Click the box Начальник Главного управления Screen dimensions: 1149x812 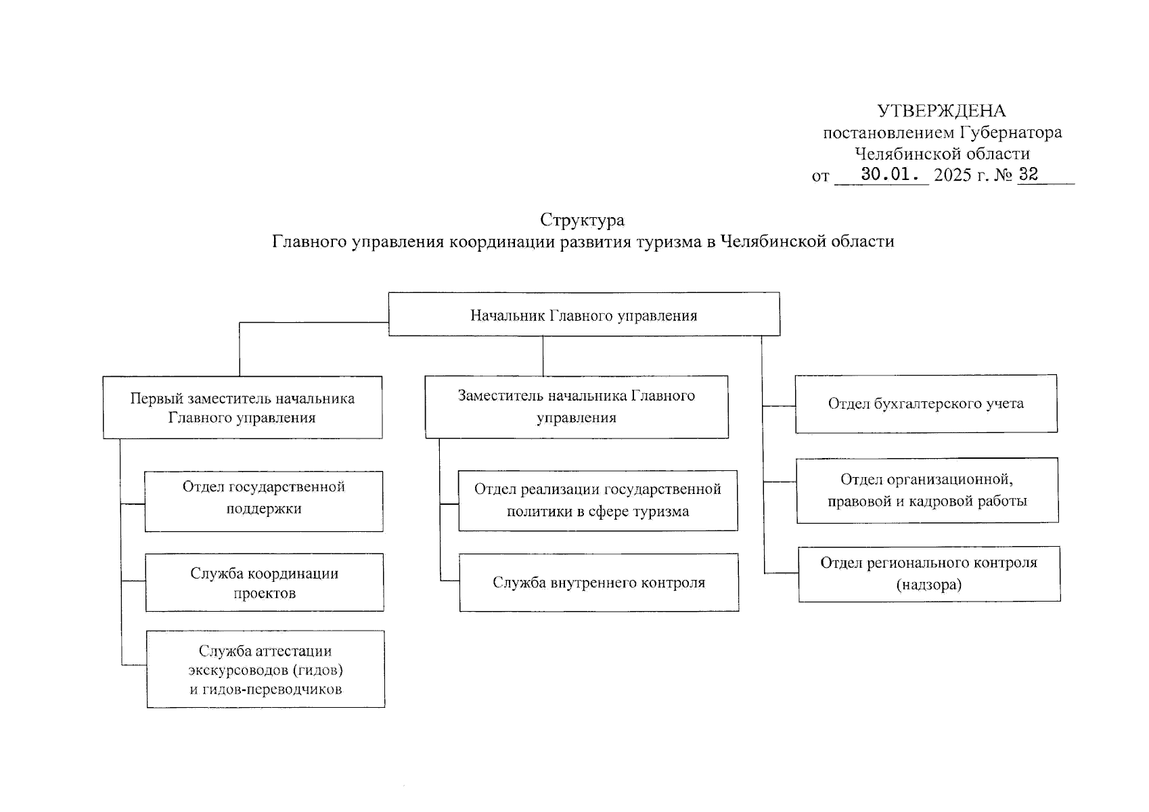pyautogui.click(x=584, y=314)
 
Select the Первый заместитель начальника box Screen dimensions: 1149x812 pyautogui.click(x=242, y=407)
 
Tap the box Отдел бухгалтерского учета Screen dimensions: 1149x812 pyautogui.click(x=926, y=404)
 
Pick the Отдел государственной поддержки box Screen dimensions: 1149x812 pyautogui.click(x=264, y=501)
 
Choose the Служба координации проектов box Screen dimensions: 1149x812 pyautogui.click(x=264, y=582)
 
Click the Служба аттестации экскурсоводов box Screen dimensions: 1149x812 pyautogui.click(x=265, y=669)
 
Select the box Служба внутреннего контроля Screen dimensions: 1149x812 pyautogui.click(x=599, y=582)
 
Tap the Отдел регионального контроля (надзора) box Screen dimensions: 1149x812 pyautogui.click(x=929, y=574)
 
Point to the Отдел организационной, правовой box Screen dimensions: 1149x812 pyautogui.click(x=928, y=491)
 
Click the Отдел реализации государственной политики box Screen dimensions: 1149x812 pyautogui.click(x=598, y=501)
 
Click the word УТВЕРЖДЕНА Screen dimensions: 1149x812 pyautogui.click(x=941, y=111)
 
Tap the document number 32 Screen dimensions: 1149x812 pyautogui.click(x=1028, y=174)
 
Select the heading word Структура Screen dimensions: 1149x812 pyautogui.click(x=582, y=221)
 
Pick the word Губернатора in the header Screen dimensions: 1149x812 pyautogui.click(x=1010, y=133)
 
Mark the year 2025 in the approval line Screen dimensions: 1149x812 pyautogui.click(x=953, y=175)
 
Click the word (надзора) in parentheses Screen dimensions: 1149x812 pyautogui.click(x=929, y=585)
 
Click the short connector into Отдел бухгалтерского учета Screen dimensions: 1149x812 pyautogui.click(x=779, y=406)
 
